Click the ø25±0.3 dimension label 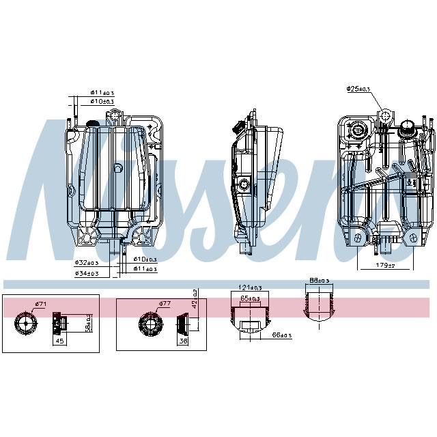click(358, 89)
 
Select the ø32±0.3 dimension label click(87, 262)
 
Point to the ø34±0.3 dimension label click(87, 274)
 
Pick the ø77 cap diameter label click(164, 303)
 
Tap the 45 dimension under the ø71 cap click(59, 342)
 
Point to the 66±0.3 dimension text click(281, 335)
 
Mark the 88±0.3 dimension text click(319, 280)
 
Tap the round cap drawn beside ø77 click(151, 324)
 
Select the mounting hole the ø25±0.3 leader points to click(386, 113)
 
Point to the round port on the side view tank click(244, 184)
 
